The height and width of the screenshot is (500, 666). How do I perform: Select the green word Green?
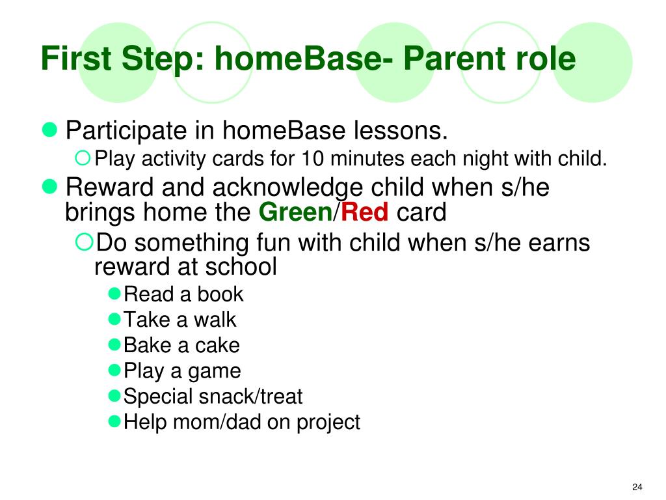pyautogui.click(x=295, y=212)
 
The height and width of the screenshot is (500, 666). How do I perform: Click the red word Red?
pyautogui.click(x=364, y=212)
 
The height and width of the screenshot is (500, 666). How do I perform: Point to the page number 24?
pyautogui.click(x=637, y=487)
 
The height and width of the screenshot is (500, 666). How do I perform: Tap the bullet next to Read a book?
pyautogui.click(x=114, y=294)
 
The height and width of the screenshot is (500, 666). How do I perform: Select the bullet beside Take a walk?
pyautogui.click(x=114, y=319)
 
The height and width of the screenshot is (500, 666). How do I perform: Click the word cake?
pyautogui.click(x=217, y=345)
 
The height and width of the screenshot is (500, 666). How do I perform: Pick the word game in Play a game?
pyautogui.click(x=214, y=372)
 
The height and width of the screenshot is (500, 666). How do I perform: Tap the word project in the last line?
pyautogui.click(x=328, y=423)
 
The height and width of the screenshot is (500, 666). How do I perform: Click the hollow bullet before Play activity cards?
pyautogui.click(x=83, y=158)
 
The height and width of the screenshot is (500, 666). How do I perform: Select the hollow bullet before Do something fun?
pyautogui.click(x=84, y=242)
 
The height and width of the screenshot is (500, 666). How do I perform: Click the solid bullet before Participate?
pyautogui.click(x=49, y=130)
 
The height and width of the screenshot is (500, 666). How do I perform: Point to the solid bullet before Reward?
pyautogui.click(x=49, y=186)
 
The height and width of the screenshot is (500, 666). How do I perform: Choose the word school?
pyautogui.click(x=241, y=266)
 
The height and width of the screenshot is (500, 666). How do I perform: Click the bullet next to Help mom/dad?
pyautogui.click(x=114, y=421)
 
